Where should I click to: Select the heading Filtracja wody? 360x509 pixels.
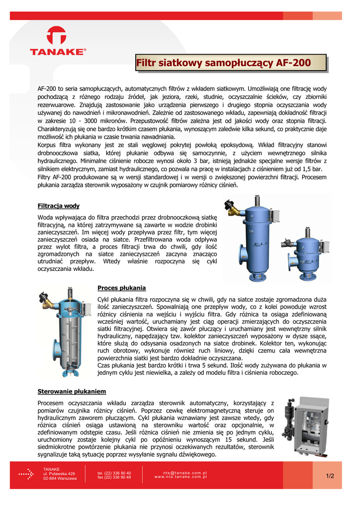click(59, 206)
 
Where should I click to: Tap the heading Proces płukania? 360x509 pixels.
click(122, 288)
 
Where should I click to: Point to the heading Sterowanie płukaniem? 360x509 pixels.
click(72, 391)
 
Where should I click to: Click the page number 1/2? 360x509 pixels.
click(330, 476)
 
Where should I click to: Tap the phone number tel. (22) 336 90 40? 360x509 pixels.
click(114, 473)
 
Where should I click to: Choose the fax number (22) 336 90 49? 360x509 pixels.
click(114, 478)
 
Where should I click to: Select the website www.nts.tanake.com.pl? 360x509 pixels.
click(180, 477)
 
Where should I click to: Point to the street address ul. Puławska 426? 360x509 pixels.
click(59, 474)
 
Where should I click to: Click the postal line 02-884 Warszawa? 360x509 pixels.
click(60, 479)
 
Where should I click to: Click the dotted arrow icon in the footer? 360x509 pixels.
click(26, 475)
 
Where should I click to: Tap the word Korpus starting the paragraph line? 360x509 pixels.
click(48, 145)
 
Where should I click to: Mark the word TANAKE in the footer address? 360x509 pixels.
click(52, 469)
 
